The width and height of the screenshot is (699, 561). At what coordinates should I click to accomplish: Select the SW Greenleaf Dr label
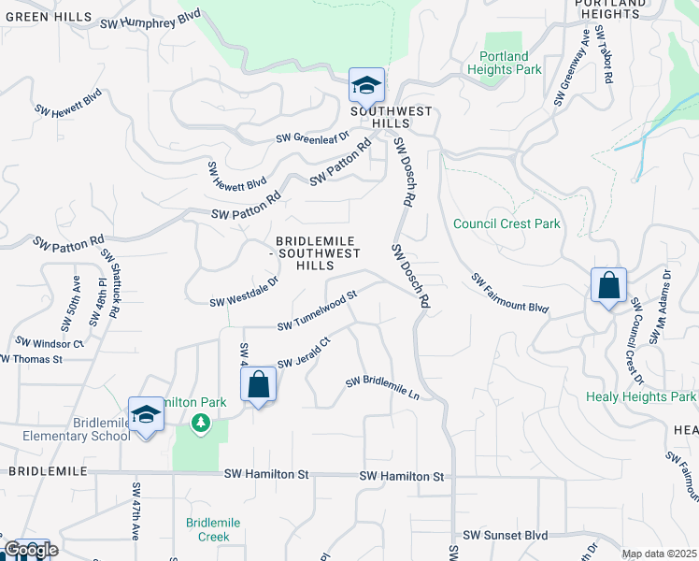311,137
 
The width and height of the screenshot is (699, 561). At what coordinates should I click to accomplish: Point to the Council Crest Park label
506,224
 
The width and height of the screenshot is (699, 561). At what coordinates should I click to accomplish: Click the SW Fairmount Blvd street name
509,294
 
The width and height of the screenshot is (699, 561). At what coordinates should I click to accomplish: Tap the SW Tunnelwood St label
318,310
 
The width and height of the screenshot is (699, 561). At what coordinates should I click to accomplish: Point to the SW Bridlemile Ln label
382,388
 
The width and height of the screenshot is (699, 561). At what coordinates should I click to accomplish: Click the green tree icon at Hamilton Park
200,424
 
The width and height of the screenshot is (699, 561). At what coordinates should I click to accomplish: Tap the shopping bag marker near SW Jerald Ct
258,384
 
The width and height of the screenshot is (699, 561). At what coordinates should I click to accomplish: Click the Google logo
30,550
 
